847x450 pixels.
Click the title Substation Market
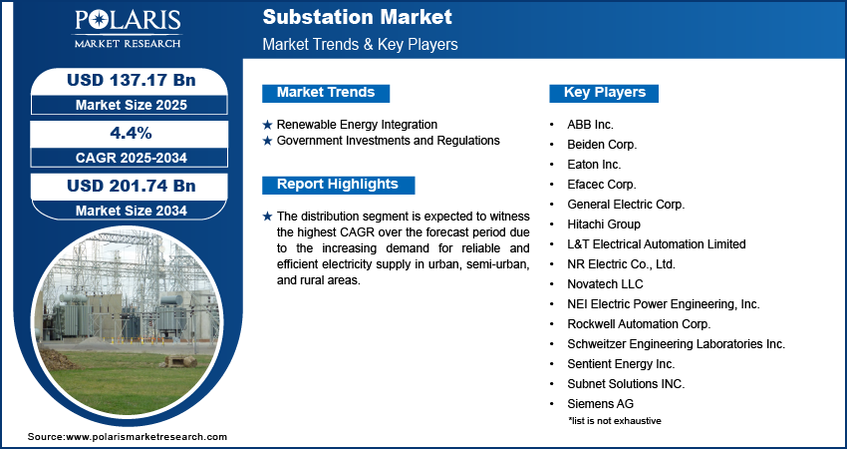point(357,17)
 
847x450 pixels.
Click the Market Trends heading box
point(325,93)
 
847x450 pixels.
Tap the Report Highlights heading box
point(337,185)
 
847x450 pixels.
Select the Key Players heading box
point(605,93)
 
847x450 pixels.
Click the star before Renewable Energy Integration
point(267,125)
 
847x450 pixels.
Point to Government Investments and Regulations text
point(388,141)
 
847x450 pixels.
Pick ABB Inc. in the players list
point(590,125)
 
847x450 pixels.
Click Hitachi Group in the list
point(604,225)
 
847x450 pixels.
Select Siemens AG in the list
point(600,404)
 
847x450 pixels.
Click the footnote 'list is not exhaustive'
point(615,420)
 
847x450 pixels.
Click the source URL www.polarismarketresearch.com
point(146,437)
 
